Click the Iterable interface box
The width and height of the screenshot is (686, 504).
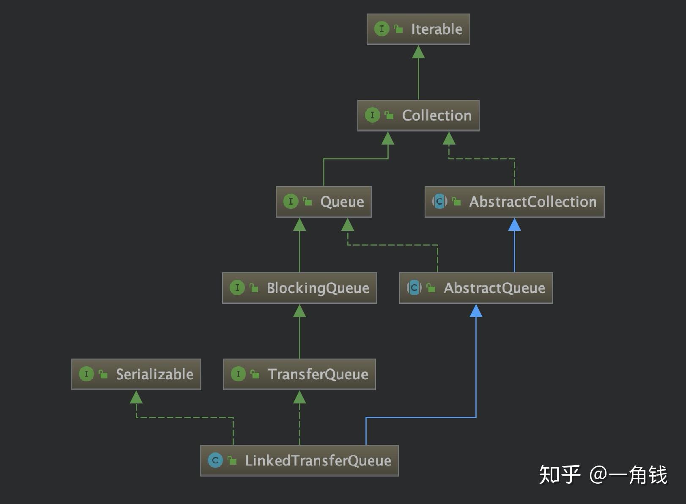click(x=418, y=29)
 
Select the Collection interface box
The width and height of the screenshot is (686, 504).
click(x=418, y=115)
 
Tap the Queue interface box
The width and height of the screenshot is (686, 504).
click(x=324, y=202)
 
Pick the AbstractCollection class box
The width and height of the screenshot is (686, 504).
click(x=514, y=202)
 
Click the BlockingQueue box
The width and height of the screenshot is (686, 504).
click(x=299, y=288)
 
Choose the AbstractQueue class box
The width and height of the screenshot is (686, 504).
click(x=476, y=288)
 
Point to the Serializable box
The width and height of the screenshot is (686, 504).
click(x=136, y=374)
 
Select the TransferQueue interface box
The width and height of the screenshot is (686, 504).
click(x=299, y=374)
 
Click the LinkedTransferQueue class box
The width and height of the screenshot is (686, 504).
click(x=299, y=460)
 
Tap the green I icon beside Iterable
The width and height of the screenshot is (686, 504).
click(x=381, y=29)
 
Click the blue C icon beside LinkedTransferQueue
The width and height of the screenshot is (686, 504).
click(x=215, y=460)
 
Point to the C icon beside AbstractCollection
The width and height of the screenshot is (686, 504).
click(x=440, y=201)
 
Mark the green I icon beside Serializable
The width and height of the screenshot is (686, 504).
click(x=86, y=374)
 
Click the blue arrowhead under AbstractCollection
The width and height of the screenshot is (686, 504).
click(x=514, y=225)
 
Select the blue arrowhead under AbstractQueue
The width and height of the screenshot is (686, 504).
click(x=476, y=311)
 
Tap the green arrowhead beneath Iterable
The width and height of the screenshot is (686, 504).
click(x=418, y=52)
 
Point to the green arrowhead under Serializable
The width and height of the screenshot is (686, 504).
click(x=136, y=397)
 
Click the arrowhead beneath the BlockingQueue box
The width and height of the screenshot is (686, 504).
click(x=299, y=311)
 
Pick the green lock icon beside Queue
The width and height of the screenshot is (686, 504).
click(x=307, y=201)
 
